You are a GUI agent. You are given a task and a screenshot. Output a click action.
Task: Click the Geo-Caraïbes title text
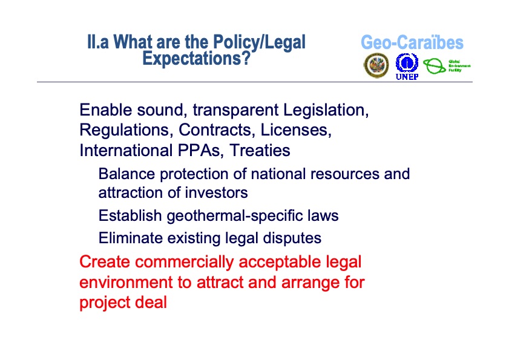[x=412, y=43]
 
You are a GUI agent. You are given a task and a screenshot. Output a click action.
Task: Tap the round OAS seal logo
[x=376, y=65]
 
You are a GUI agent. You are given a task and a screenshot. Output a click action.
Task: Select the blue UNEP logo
[x=407, y=65]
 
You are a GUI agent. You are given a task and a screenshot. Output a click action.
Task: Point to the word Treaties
[x=258, y=149]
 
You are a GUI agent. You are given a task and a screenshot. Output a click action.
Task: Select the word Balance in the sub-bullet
[x=126, y=174]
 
